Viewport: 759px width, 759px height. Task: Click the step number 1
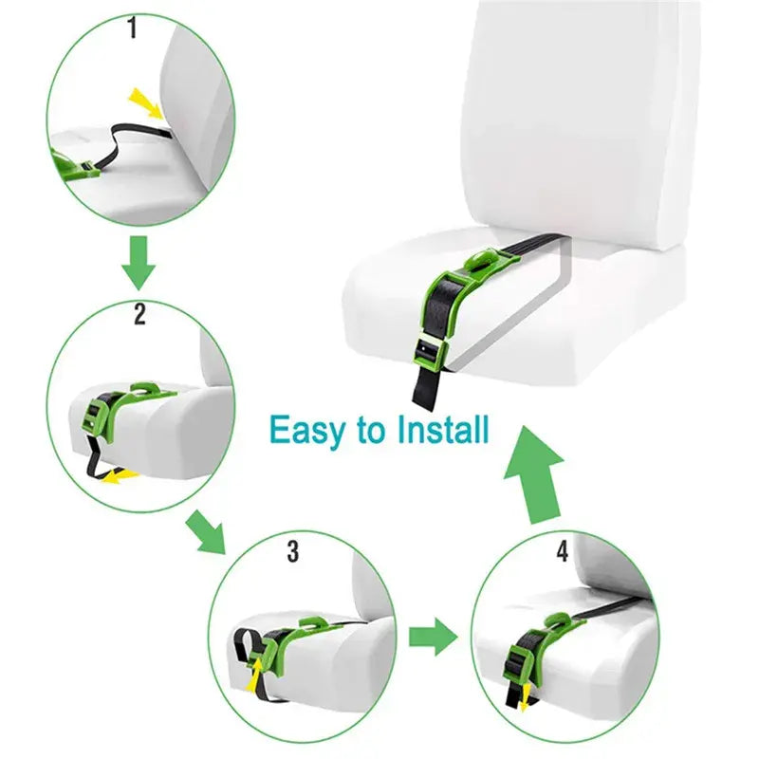click(x=132, y=29)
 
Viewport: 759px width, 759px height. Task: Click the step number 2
click(x=139, y=314)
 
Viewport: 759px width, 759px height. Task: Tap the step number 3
click(x=293, y=550)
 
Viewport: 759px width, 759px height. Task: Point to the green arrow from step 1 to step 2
click(x=139, y=263)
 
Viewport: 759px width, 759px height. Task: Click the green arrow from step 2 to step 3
click(x=208, y=531)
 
